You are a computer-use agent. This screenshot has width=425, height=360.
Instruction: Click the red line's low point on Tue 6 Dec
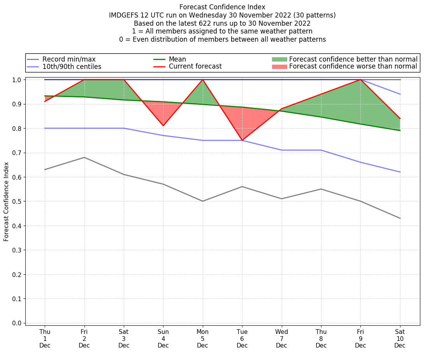242,140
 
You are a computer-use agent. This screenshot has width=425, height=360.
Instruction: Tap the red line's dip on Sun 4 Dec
163,125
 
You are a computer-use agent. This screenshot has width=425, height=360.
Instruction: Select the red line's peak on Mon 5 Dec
203,79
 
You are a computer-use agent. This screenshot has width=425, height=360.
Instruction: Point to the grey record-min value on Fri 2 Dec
84,157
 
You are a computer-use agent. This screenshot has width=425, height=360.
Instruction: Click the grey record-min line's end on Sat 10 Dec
400,218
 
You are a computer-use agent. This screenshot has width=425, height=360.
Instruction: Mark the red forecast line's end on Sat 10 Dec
400,118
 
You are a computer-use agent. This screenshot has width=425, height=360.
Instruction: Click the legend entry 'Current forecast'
195,67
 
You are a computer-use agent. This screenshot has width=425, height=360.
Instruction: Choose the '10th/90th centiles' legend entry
72,67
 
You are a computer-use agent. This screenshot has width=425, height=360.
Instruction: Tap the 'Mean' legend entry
177,59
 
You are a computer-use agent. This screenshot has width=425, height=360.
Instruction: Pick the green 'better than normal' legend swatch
279,59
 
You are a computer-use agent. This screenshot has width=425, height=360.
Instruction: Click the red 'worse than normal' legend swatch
279,67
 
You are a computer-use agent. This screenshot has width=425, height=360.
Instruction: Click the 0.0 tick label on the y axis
18,323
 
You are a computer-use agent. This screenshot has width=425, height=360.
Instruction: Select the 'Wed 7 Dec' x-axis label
281,338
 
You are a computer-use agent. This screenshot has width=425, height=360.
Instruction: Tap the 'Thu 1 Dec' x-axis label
45,338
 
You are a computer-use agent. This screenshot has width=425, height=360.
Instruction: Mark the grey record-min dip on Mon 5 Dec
203,201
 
